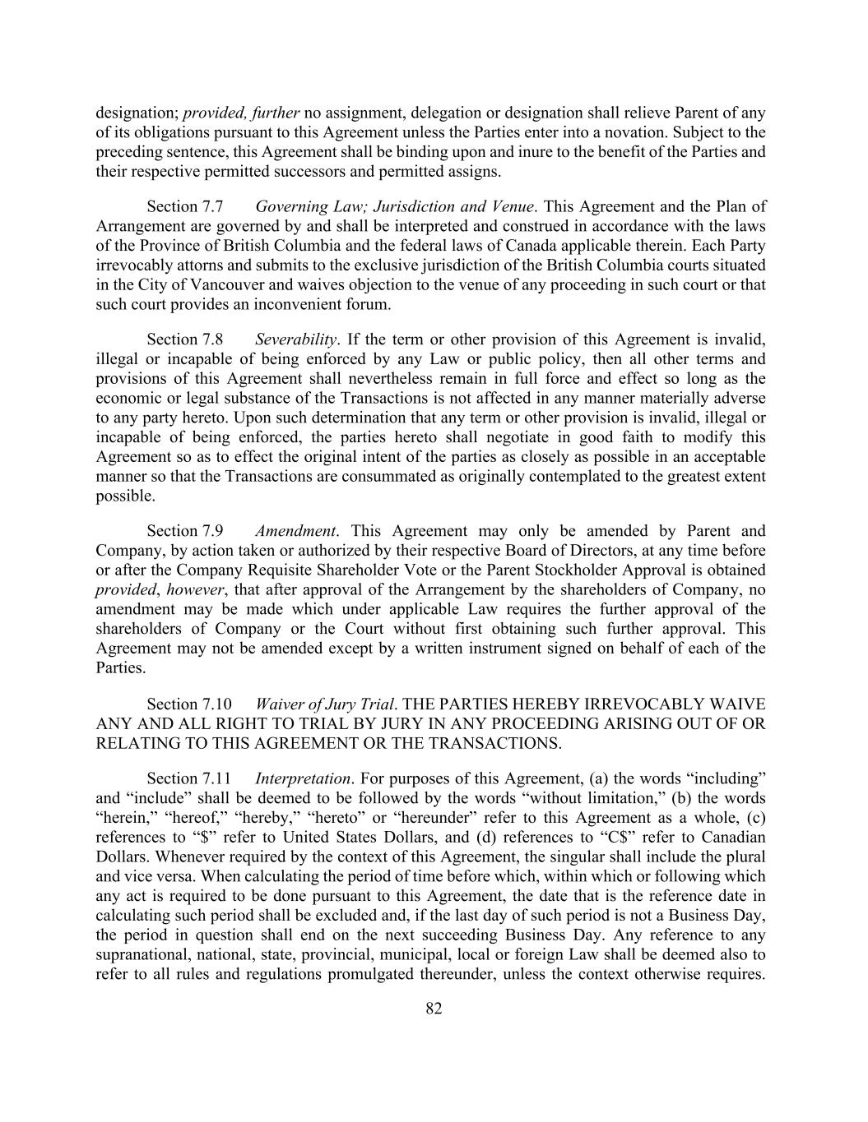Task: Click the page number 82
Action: pos(434,1009)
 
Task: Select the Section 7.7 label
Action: pos(185,206)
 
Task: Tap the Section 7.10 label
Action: pos(189,704)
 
